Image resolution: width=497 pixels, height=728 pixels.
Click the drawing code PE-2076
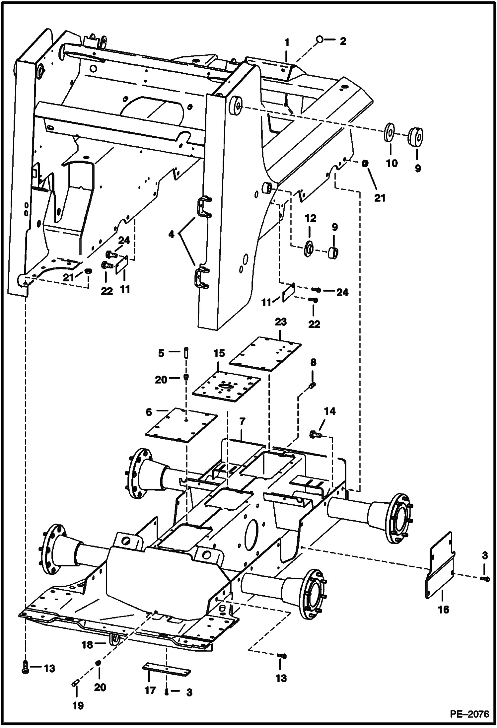click(469, 714)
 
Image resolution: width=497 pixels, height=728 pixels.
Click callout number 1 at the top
click(287, 42)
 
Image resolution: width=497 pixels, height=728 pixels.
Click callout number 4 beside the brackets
click(171, 235)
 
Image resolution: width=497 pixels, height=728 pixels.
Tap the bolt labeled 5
click(186, 352)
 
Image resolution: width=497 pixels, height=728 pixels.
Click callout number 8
click(313, 363)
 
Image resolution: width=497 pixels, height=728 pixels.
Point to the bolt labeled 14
click(315, 433)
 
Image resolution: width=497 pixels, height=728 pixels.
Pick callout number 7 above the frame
click(242, 421)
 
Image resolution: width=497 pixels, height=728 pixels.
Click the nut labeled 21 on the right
click(365, 164)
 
